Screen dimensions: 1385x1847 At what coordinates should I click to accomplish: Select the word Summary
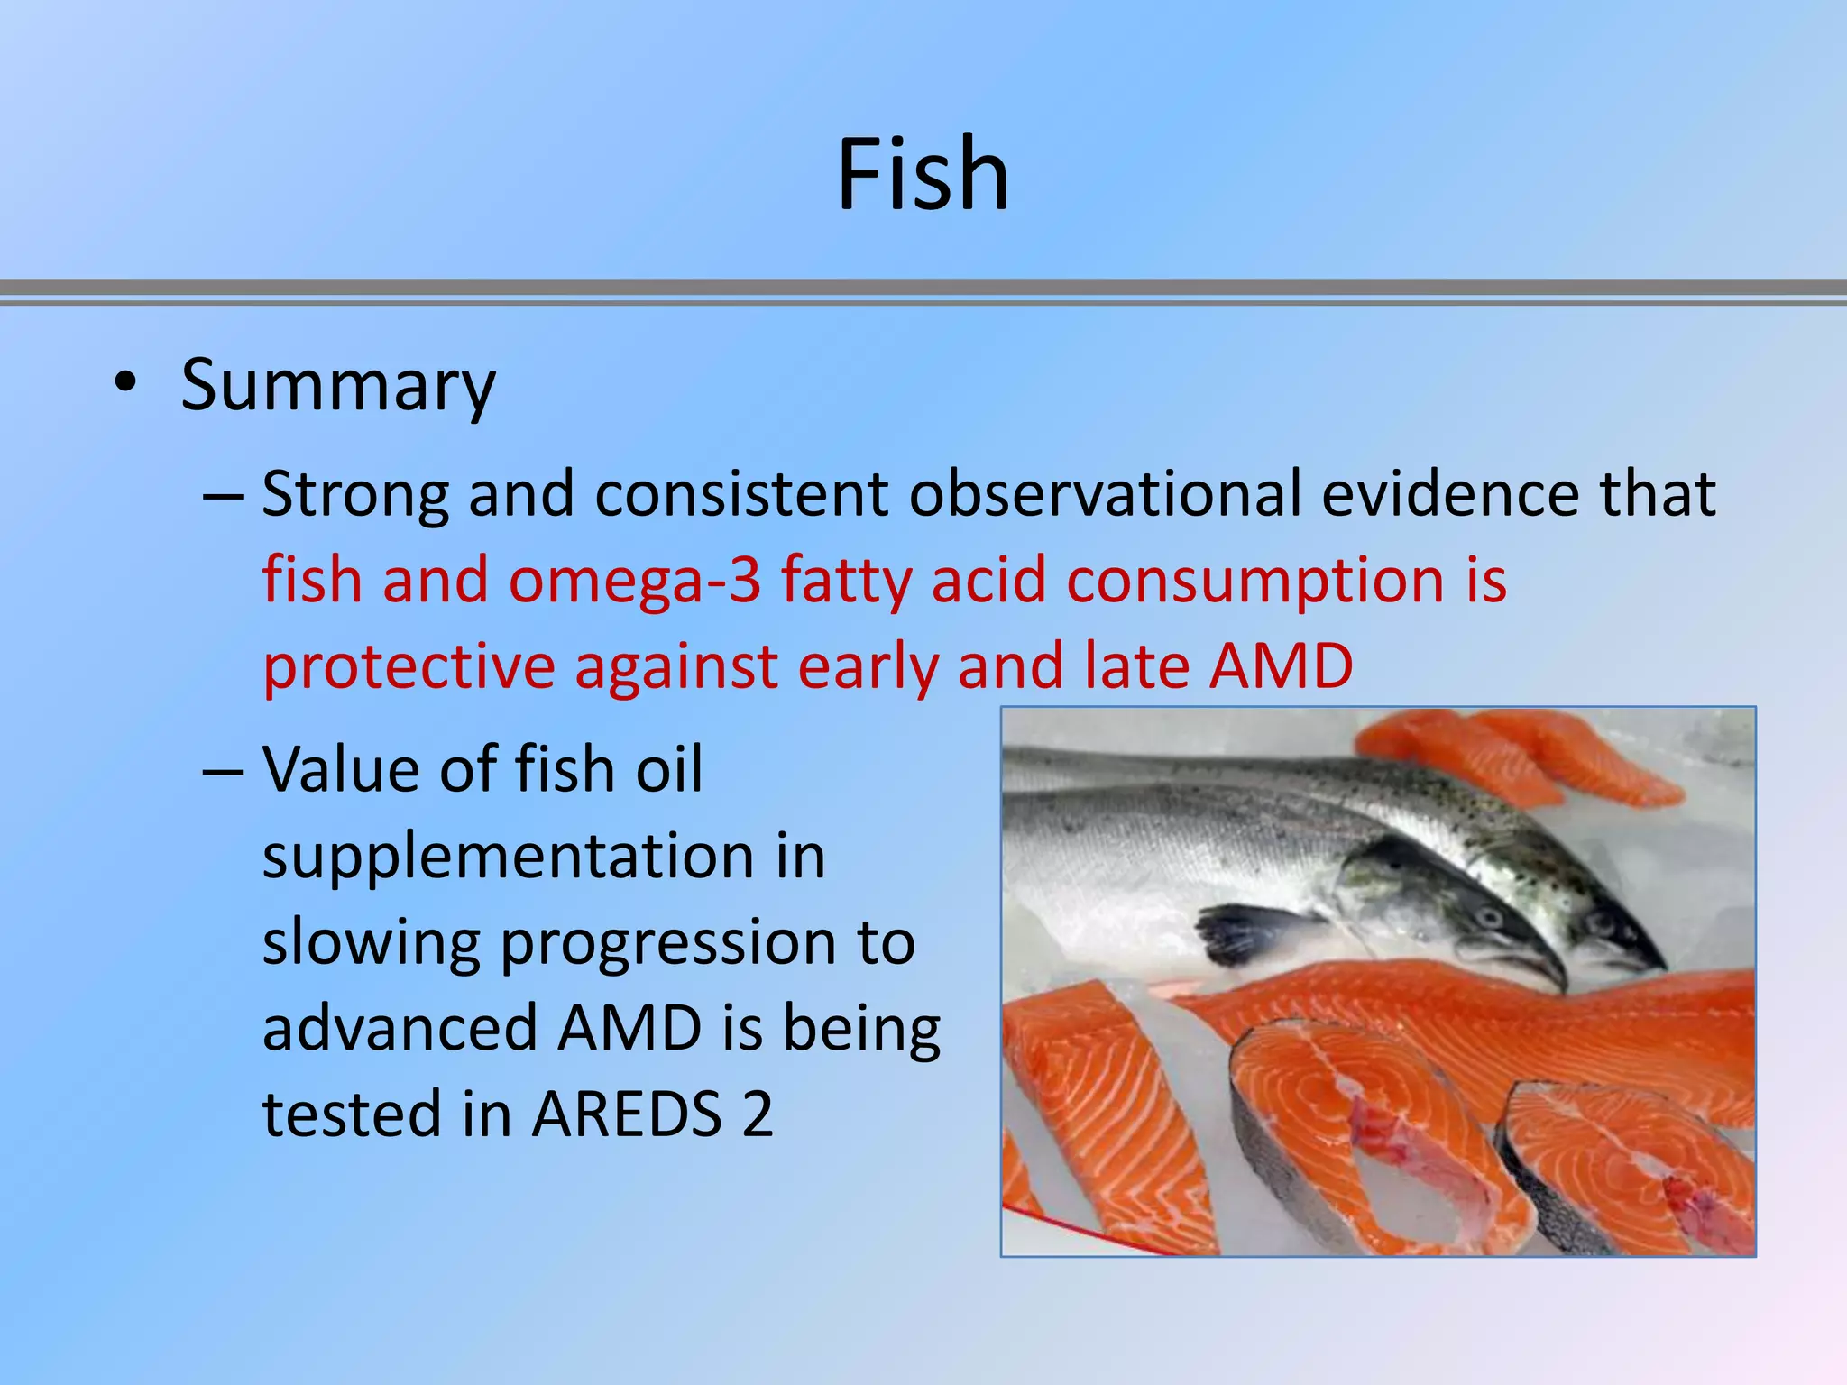(x=338, y=386)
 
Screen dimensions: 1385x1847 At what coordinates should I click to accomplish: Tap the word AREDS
(x=628, y=1114)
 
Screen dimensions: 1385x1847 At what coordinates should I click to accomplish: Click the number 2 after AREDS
(x=758, y=1114)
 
